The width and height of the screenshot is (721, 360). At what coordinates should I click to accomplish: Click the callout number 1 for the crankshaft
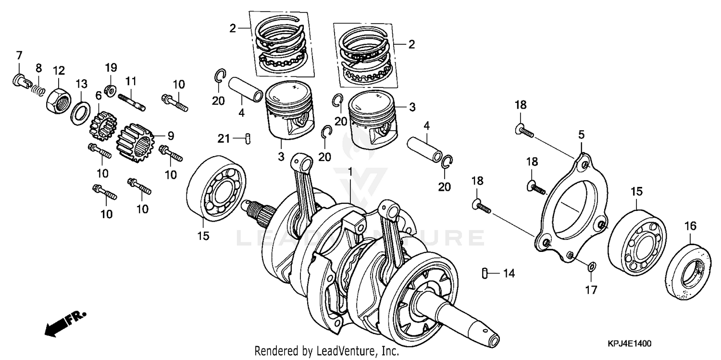(x=350, y=172)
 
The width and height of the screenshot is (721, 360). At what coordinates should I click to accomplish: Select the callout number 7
(x=19, y=55)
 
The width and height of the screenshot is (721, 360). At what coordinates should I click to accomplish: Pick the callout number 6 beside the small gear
(x=98, y=96)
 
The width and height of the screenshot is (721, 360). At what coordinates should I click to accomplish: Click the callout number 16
(x=690, y=225)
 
